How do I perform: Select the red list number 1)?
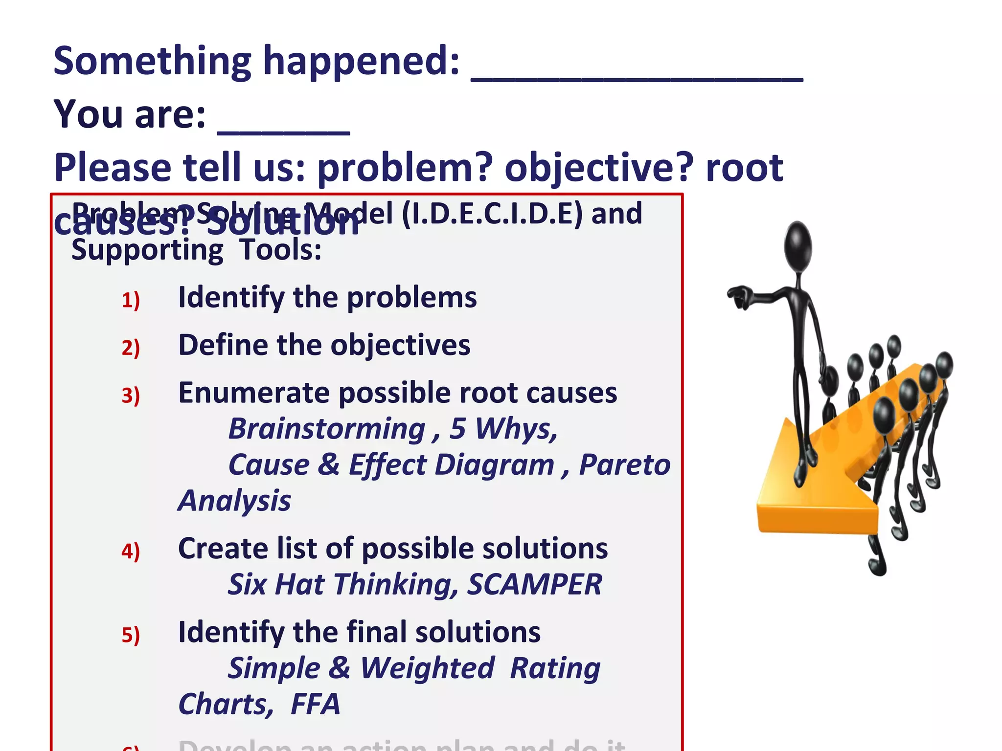[131, 300]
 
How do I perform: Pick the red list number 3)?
[131, 395]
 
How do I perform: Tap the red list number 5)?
[131, 635]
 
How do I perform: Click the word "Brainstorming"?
[327, 429]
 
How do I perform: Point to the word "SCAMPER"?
[534, 584]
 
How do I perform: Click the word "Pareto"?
[624, 464]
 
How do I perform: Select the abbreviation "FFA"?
[315, 704]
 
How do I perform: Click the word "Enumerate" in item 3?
[254, 393]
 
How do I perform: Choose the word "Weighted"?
[428, 668]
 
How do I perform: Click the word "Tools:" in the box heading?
[280, 250]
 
